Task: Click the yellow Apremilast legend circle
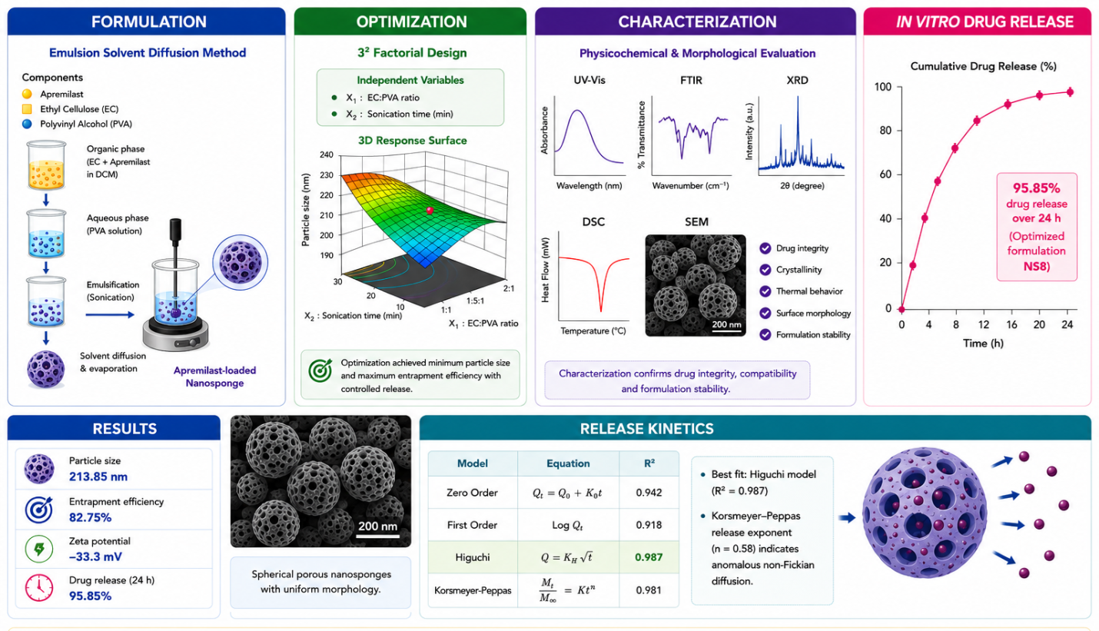point(27,94)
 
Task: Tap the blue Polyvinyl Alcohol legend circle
point(27,125)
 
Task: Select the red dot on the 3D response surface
point(430,211)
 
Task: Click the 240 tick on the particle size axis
point(327,155)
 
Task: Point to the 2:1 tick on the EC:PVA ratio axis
point(509,288)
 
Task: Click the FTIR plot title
point(691,81)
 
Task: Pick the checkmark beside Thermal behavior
point(765,291)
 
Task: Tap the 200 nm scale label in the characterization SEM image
point(726,324)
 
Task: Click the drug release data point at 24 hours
point(1070,92)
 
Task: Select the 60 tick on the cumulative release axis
point(885,174)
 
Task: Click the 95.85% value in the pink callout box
point(1036,188)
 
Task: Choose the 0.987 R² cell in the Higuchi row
point(649,557)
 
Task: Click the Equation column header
point(568,463)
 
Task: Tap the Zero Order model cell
point(472,493)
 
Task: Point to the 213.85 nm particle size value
point(98,477)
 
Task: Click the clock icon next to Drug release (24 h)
point(39,587)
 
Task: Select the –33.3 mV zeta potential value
point(95,557)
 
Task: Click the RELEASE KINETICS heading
point(646,429)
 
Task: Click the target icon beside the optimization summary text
point(320,370)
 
